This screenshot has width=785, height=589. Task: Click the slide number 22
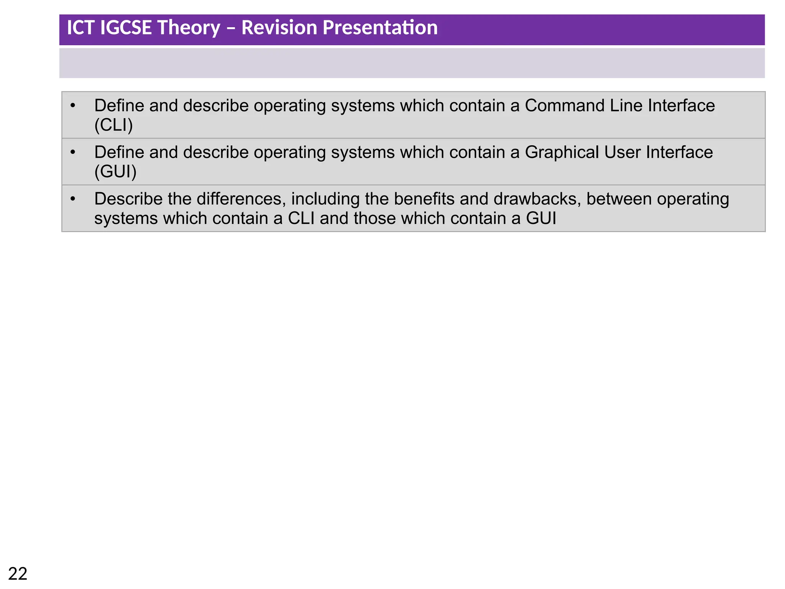point(18,574)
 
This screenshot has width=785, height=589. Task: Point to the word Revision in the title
point(279,28)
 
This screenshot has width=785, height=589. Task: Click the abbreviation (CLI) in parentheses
point(113,125)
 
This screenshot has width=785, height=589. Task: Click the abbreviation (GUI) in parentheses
point(115,171)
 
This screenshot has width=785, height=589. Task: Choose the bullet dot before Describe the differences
point(73,199)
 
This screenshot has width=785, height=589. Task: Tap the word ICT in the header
point(80,28)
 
